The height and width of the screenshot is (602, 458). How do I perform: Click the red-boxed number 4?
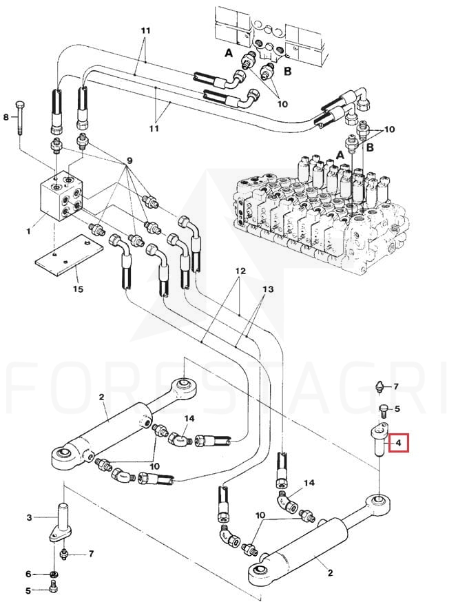click(x=399, y=443)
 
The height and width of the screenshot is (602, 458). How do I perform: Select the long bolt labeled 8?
click(x=19, y=118)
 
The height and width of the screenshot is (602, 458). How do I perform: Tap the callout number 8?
click(x=6, y=116)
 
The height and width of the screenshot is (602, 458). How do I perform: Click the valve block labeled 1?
click(x=62, y=196)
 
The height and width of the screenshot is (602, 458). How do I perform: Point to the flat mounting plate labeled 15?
click(x=70, y=255)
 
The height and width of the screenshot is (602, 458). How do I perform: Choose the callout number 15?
click(x=78, y=289)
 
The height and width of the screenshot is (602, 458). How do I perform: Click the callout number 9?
click(x=129, y=161)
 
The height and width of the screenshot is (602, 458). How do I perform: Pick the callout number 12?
click(x=240, y=271)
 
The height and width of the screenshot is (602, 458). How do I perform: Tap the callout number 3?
click(x=29, y=517)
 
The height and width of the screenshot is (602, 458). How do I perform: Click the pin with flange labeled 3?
click(x=62, y=523)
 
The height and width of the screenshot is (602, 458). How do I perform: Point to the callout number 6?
click(x=28, y=574)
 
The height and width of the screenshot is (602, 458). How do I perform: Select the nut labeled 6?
click(x=54, y=574)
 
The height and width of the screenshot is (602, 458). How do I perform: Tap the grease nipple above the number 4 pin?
click(x=380, y=386)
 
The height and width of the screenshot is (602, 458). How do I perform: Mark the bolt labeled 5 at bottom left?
click(x=54, y=587)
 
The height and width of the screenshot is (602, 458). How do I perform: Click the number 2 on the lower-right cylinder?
click(x=331, y=573)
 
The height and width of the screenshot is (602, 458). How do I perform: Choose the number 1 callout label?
click(x=28, y=231)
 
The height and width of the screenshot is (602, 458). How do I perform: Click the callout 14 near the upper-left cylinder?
click(x=189, y=419)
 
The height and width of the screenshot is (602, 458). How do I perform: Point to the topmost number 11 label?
click(x=145, y=30)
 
